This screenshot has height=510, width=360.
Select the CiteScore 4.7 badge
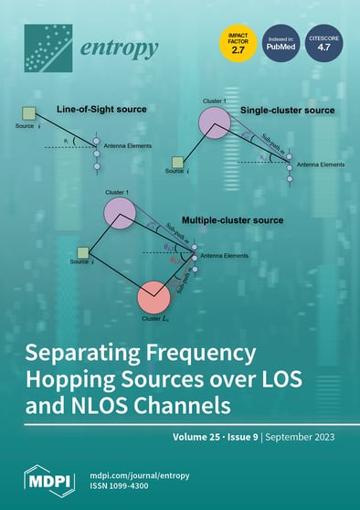pyautogui.click(x=319, y=45)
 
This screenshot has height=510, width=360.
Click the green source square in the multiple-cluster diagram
pyautogui.click(x=83, y=252)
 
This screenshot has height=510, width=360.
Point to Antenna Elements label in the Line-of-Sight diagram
pyautogui.click(x=129, y=147)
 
